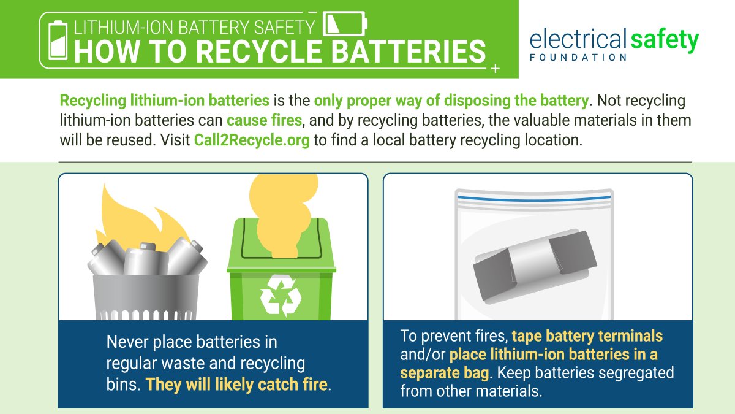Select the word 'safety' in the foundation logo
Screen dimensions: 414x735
coord(664,40)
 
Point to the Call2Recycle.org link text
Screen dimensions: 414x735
coord(252,139)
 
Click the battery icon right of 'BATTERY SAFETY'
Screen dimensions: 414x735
coord(344,25)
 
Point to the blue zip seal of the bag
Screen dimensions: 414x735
coord(533,198)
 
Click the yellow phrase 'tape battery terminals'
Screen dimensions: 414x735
coord(587,337)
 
